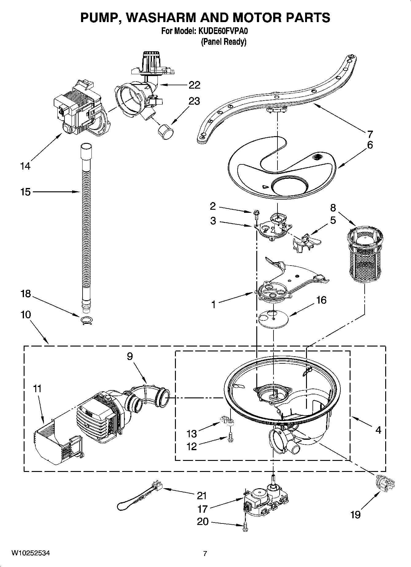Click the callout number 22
194,85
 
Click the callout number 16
321,300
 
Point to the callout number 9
130,356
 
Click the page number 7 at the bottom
205,554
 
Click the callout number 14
25,166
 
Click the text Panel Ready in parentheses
223,42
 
